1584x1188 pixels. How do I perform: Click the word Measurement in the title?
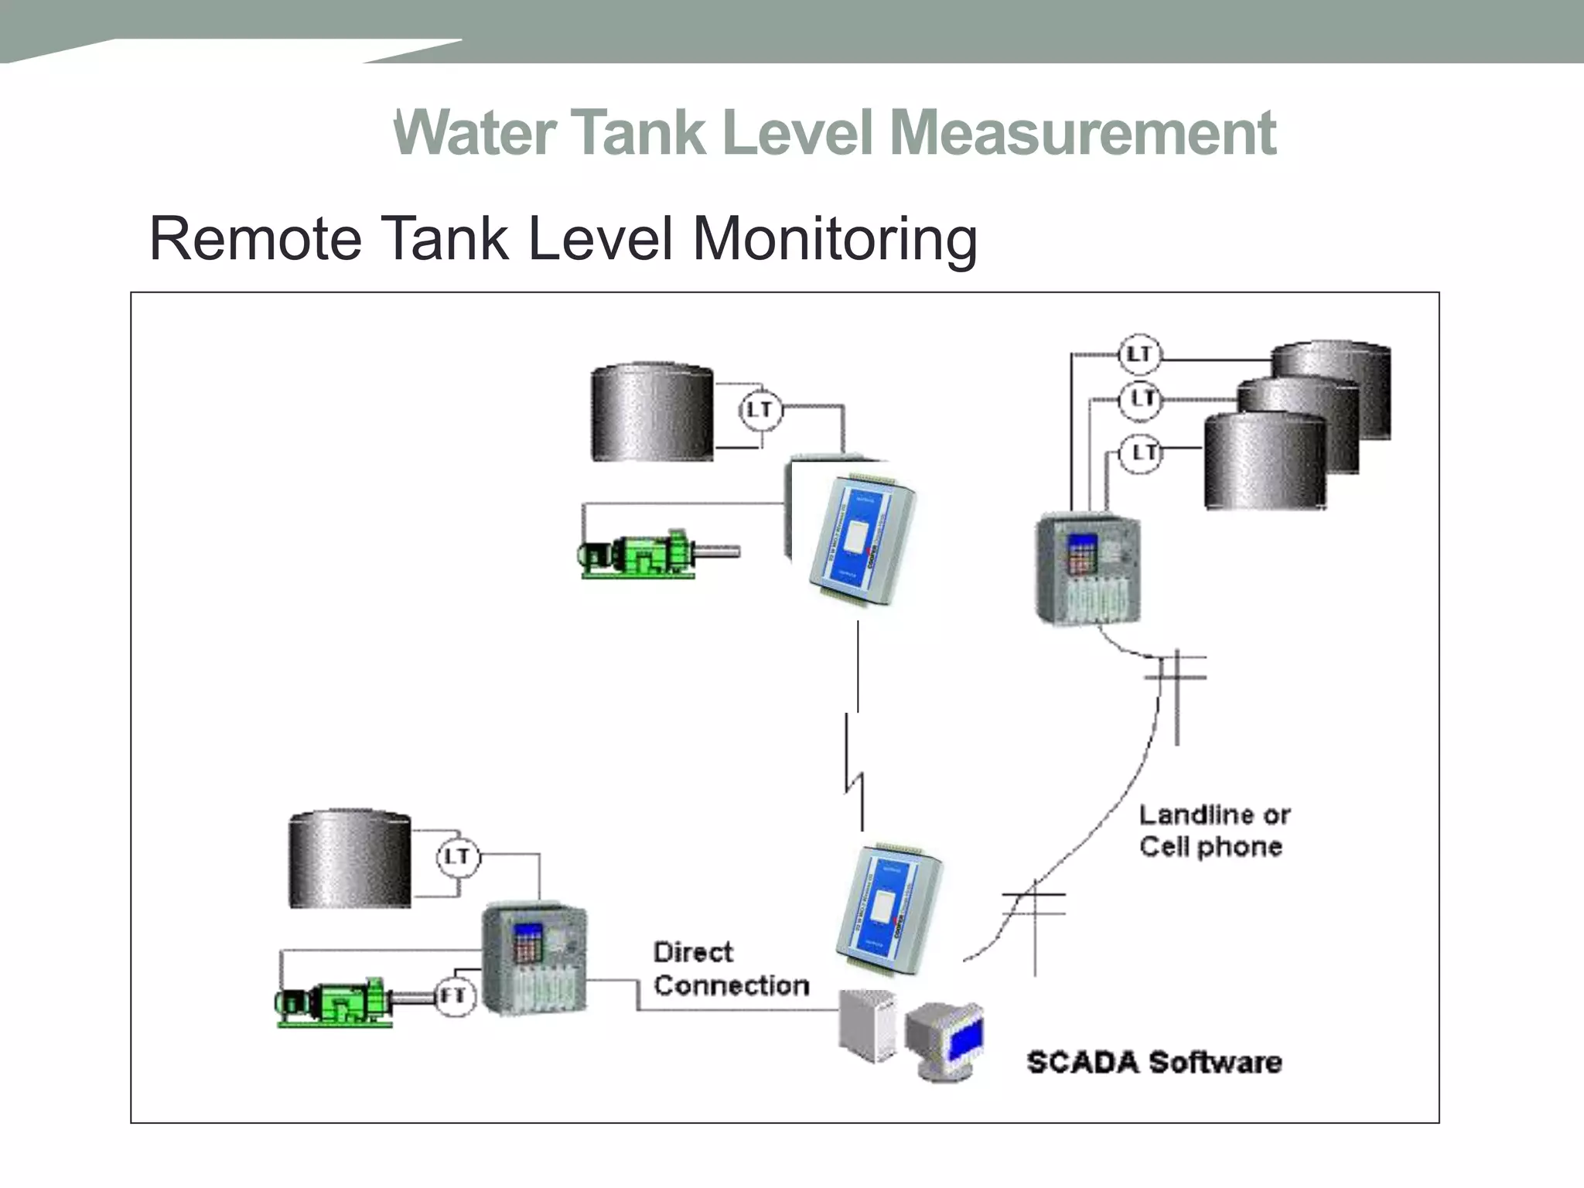[1083, 133]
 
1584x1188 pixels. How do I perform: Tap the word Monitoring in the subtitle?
[835, 238]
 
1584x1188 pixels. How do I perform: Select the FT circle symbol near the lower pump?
[454, 995]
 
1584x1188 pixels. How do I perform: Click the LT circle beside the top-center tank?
[760, 409]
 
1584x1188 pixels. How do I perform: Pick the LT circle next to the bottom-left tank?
[458, 856]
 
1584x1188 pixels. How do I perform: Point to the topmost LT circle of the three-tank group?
[1140, 354]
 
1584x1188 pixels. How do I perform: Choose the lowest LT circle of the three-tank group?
[1142, 452]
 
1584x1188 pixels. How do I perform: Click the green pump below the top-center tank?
[642, 554]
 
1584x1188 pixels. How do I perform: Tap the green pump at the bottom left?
[336, 1003]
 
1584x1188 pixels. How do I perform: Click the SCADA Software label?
[1154, 1062]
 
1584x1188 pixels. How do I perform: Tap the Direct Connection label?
[731, 968]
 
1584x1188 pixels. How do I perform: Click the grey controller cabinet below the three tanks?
[1088, 568]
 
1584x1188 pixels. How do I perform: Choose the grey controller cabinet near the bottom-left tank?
[534, 959]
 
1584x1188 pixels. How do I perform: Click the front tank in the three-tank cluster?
[1265, 461]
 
